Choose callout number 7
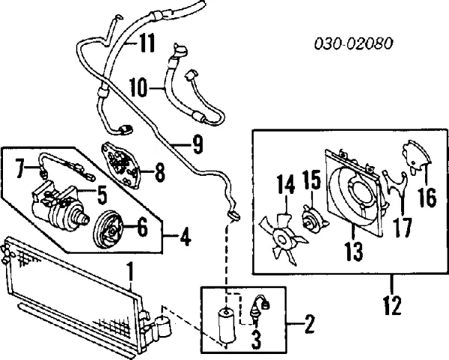click(21, 169)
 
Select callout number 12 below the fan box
click(391, 305)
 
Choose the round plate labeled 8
click(121, 165)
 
